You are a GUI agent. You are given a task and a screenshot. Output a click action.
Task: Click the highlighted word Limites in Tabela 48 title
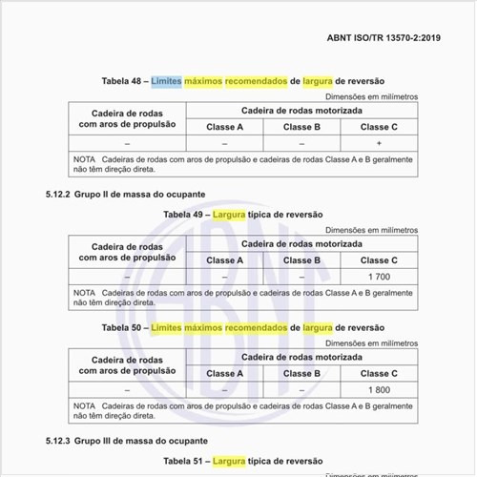pyautogui.click(x=168, y=81)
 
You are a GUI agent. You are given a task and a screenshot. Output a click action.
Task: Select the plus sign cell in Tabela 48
pyautogui.click(x=380, y=142)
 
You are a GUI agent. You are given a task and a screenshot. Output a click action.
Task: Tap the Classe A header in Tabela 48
pyautogui.click(x=225, y=126)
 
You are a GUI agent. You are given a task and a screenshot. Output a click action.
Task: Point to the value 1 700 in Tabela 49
pyautogui.click(x=380, y=276)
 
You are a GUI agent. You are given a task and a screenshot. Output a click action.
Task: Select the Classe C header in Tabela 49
pyautogui.click(x=380, y=259)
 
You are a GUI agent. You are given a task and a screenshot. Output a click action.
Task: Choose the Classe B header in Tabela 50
pyautogui.click(x=301, y=373)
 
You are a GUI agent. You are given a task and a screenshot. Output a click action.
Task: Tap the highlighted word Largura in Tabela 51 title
pyautogui.click(x=229, y=461)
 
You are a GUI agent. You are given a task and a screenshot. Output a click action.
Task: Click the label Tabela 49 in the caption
pyautogui.click(x=185, y=215)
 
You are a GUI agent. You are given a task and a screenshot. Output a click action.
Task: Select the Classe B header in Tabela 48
pyautogui.click(x=301, y=126)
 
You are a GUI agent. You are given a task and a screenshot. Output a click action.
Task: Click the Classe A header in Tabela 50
pyautogui.click(x=225, y=373)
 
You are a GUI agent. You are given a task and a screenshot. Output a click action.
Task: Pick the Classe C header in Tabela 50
pyautogui.click(x=380, y=373)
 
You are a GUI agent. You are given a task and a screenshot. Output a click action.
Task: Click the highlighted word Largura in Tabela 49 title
pyautogui.click(x=229, y=215)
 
